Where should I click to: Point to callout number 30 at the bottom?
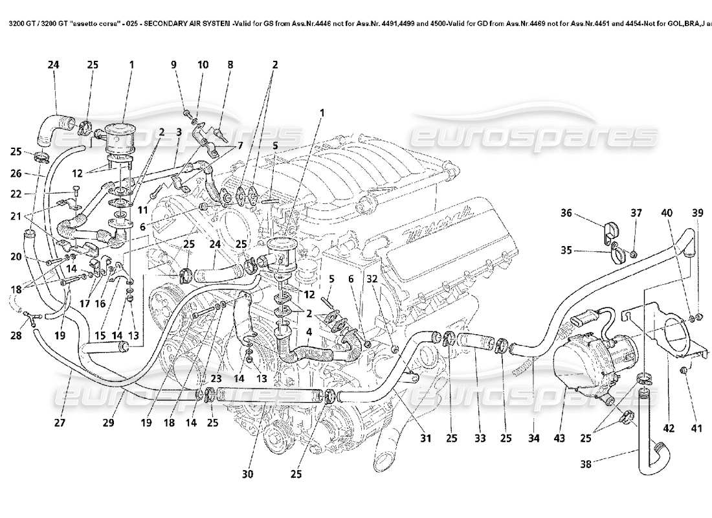247,474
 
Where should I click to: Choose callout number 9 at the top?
173,65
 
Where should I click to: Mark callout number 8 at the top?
230,65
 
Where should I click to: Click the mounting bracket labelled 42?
667,337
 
